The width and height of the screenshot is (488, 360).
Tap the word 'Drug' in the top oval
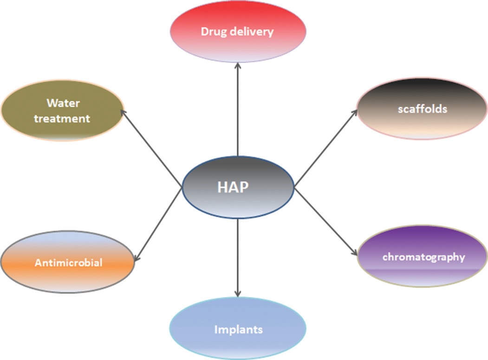212,32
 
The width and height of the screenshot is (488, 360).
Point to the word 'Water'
62,103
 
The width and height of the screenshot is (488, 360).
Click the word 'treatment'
62,118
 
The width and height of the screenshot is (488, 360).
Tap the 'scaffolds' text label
422,109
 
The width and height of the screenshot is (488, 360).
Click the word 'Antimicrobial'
68,263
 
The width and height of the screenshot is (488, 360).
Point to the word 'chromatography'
423,257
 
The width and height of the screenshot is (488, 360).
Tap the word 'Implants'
238,330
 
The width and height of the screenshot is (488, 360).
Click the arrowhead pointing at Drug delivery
238,66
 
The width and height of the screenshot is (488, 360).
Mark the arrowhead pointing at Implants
238,293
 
